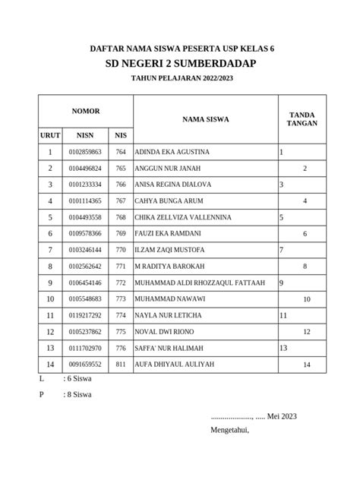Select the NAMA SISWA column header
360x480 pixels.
tap(205, 118)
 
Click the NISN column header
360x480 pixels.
tap(84, 135)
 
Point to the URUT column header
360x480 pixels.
tap(50, 135)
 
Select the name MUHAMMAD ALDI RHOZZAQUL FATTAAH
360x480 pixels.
tap(200, 283)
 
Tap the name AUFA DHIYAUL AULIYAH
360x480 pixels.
tap(175, 364)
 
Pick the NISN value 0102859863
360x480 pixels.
tap(84, 152)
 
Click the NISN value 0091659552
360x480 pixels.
tap(84, 365)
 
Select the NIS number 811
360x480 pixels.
tap(121, 365)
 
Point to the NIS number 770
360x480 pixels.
tap(121, 250)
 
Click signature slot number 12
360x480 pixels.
tap(307, 332)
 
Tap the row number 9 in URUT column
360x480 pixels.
tap(50, 283)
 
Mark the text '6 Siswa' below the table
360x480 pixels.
tap(80, 378)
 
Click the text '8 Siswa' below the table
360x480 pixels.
tap(80, 395)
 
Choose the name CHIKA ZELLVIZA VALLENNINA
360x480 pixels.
tap(183, 217)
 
